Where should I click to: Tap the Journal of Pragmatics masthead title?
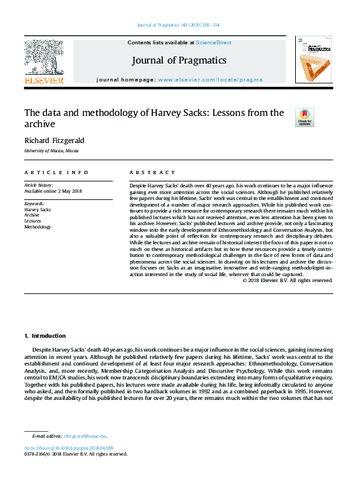pos(179,61)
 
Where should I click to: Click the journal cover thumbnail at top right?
pos(313,60)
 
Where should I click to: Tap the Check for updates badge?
pos(304,117)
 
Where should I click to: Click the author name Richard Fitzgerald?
pos(54,140)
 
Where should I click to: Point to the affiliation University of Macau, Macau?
pos(52,152)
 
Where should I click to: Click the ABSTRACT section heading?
pos(153,172)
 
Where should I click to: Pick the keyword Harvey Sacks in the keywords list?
pos(38,209)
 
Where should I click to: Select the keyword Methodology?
pos(38,227)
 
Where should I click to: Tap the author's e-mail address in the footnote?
pos(85,436)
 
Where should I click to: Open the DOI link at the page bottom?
pos(69,448)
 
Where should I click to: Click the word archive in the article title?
pos(42,124)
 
